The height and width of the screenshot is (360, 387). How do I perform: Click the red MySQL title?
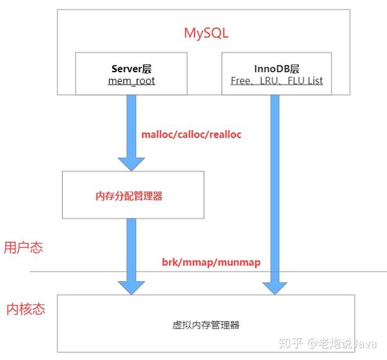pyautogui.click(x=206, y=32)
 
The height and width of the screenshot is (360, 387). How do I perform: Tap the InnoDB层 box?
pyautogui.click(x=277, y=74)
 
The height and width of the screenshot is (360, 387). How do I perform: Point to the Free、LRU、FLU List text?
pyautogui.click(x=277, y=81)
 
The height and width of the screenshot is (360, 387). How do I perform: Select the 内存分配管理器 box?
pyautogui.click(x=133, y=194)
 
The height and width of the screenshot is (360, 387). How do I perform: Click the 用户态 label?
pyautogui.click(x=23, y=247)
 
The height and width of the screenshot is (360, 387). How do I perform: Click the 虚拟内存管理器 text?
pyautogui.click(x=206, y=324)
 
